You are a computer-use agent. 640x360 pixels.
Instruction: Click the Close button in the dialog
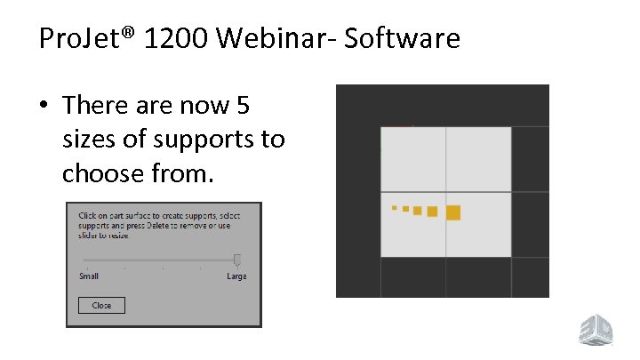pyautogui.click(x=101, y=305)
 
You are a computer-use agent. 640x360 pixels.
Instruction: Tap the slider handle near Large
pyautogui.click(x=236, y=260)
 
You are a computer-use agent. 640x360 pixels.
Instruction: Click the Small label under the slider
pyautogui.click(x=89, y=276)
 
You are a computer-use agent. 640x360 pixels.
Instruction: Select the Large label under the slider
pyautogui.click(x=236, y=276)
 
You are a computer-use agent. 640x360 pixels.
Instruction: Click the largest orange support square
pyautogui.click(x=452, y=212)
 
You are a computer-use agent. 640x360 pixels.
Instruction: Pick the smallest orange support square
pyautogui.click(x=395, y=208)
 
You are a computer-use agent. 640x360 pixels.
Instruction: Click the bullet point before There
pyautogui.click(x=44, y=107)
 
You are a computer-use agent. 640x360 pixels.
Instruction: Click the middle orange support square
pyautogui.click(x=417, y=211)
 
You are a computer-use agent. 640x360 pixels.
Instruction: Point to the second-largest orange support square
pyautogui.click(x=432, y=212)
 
